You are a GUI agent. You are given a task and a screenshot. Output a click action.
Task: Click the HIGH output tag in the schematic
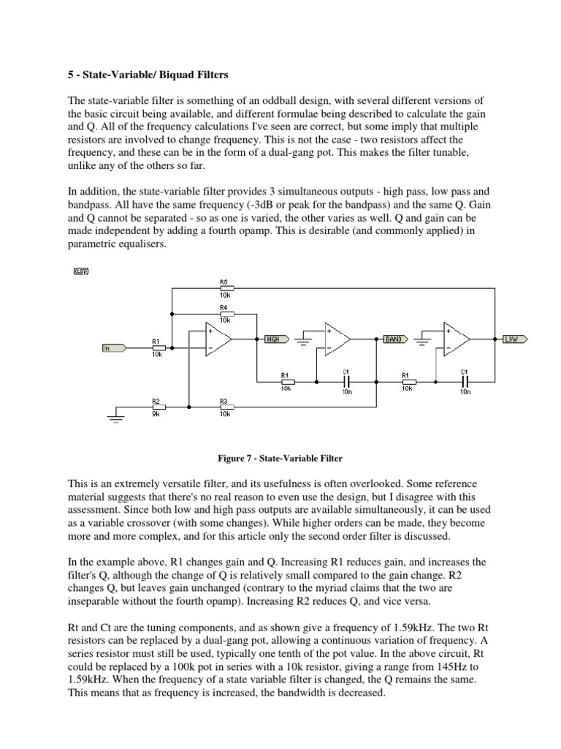pos(274,339)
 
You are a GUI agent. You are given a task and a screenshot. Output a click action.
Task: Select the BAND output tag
pos(394,339)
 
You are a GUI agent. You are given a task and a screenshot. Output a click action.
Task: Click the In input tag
pos(114,348)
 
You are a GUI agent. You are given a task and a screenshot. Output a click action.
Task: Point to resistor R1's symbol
pos(158,348)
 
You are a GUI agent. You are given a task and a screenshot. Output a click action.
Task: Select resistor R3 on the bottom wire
pos(224,407)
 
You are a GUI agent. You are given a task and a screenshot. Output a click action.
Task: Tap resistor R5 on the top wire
pos(224,288)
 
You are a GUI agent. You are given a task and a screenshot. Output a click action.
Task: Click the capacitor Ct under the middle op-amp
pos(346,381)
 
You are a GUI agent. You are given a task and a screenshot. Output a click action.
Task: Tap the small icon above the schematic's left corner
pos(80,272)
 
